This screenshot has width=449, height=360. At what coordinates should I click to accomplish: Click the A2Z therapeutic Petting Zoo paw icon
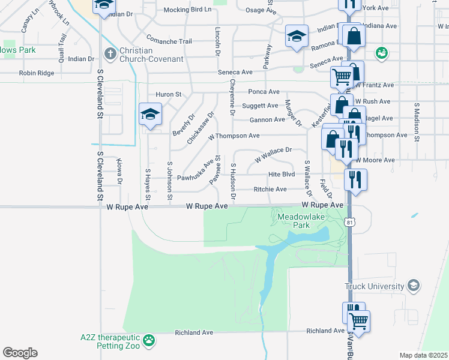[x=148, y=341]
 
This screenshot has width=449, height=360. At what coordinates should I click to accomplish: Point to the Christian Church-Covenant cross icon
[x=110, y=54]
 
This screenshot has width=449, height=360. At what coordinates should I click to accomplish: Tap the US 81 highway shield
[x=350, y=222]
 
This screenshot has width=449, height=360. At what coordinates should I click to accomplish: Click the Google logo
[x=20, y=353]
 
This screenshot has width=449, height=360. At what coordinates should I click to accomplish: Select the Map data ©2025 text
[x=424, y=355]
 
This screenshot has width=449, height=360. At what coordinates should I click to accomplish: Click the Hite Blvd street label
[x=282, y=174]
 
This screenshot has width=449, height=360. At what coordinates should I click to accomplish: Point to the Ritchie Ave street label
[x=270, y=189]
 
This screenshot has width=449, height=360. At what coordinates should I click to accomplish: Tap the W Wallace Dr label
[x=273, y=154]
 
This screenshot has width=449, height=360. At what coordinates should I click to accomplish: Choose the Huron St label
[x=169, y=95]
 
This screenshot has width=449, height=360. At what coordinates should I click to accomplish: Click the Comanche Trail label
[x=169, y=41]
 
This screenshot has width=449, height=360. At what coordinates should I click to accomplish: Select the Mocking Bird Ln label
[x=188, y=10]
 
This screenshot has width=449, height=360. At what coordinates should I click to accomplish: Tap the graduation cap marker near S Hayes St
[x=150, y=114]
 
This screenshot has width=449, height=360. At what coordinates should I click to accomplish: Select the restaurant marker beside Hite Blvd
[x=355, y=178]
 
